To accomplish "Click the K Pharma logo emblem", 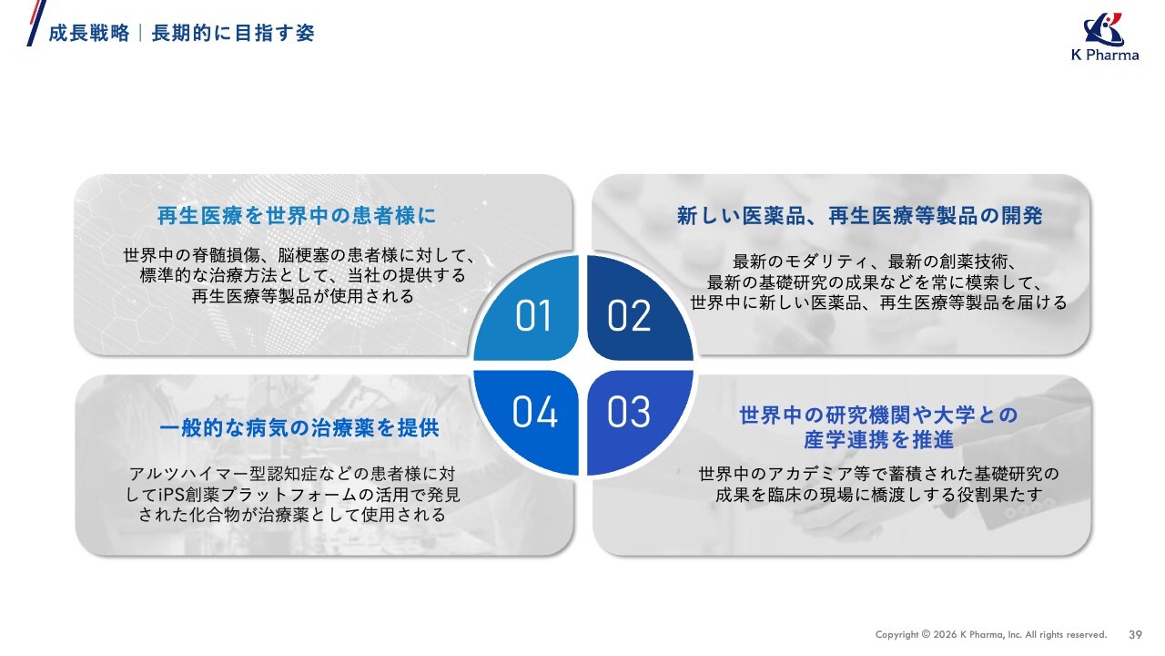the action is click(1105, 29).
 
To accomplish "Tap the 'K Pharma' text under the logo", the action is click(1105, 55).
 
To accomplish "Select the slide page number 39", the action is click(1135, 635).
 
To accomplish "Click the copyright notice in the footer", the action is click(991, 635).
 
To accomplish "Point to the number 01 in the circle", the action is click(533, 315).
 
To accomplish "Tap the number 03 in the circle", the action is click(629, 412).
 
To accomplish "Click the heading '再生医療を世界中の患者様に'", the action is click(297, 216).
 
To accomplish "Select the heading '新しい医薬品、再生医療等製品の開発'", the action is click(860, 216).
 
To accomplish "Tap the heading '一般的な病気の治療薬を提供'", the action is click(299, 428).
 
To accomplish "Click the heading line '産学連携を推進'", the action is click(878, 440).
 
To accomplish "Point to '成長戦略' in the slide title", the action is click(89, 34).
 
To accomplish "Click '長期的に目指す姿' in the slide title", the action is click(233, 34).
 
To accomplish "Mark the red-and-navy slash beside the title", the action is click(36, 23).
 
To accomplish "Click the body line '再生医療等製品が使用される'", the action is click(303, 296).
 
